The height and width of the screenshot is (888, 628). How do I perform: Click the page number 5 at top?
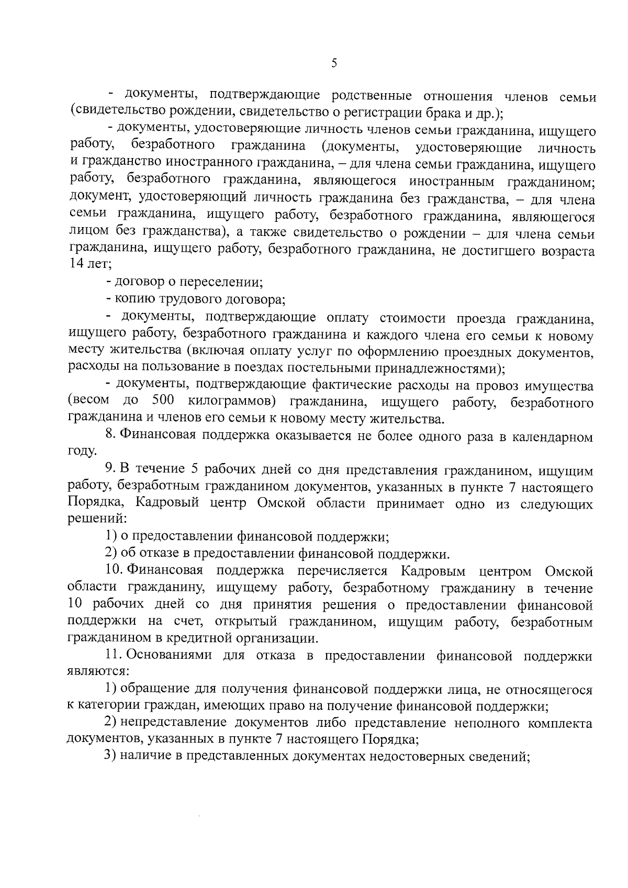334,63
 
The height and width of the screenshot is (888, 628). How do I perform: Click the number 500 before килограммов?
163,401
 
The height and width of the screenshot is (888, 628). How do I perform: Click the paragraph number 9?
110,470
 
